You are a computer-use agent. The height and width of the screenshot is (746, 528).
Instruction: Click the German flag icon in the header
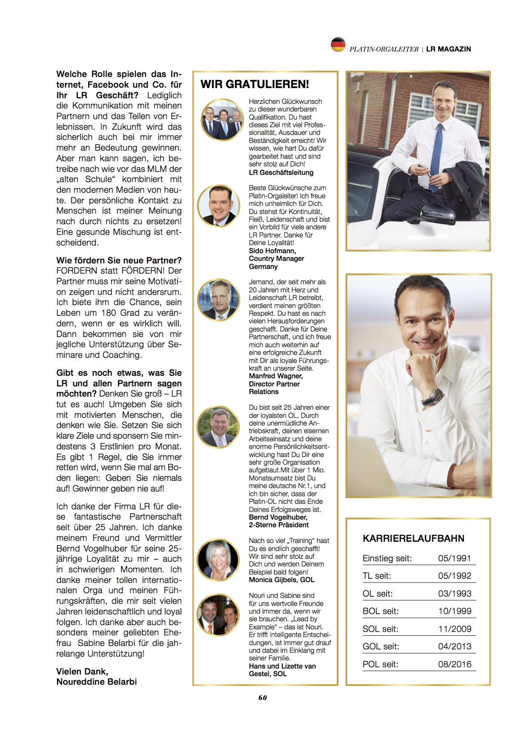tap(338, 45)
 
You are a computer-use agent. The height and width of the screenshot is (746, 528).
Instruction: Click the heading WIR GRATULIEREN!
tap(255, 84)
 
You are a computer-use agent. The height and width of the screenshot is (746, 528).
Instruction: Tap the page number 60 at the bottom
tap(262, 697)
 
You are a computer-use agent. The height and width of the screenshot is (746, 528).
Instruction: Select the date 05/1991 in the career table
tap(454, 558)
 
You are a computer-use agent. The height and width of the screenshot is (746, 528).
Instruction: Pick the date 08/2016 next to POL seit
tap(454, 664)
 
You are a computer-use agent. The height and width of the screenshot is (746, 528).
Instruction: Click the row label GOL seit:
tap(381, 647)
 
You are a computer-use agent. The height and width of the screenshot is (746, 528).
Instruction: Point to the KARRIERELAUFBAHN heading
tap(413, 538)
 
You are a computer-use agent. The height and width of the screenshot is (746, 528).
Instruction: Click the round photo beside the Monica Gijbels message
tap(218, 560)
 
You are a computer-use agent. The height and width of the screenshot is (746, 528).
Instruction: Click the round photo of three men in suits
tap(222, 120)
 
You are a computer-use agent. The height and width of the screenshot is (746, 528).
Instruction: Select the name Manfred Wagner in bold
tap(275, 376)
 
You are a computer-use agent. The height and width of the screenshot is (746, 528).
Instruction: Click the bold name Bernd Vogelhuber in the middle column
tap(278, 517)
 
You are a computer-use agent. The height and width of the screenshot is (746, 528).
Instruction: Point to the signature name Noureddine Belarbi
tap(97, 682)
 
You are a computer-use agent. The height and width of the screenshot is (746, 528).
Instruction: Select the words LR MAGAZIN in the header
tap(448, 49)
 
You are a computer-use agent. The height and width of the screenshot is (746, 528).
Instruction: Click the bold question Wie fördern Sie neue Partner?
tap(119, 260)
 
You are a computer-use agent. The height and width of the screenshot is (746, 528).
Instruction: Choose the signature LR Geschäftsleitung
tap(281, 173)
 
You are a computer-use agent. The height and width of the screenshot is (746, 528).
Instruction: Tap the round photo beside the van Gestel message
tap(218, 615)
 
